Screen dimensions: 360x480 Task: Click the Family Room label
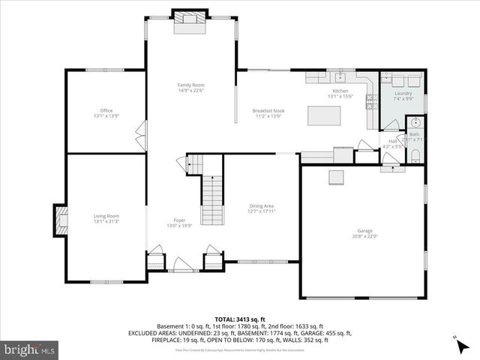pyautogui.click(x=191, y=85)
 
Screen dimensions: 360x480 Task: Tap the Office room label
pyautogui.click(x=106, y=110)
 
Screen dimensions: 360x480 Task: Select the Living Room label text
pyautogui.click(x=106, y=216)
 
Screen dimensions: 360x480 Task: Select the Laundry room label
pyautogui.click(x=403, y=93)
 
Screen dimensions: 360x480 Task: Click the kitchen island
pyautogui.click(x=324, y=115)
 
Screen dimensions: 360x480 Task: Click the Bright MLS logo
pyautogui.click(x=30, y=349)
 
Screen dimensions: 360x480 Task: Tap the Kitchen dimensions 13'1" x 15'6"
pyautogui.click(x=340, y=96)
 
